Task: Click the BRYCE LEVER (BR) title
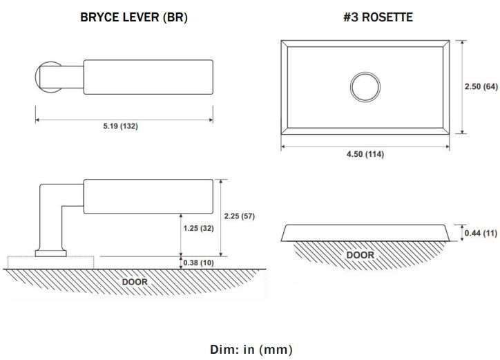134,17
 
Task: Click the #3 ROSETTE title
378,17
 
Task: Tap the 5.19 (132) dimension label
121,126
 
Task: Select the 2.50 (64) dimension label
481,86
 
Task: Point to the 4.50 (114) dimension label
365,154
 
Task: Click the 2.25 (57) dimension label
240,216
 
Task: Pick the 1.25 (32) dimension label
198,228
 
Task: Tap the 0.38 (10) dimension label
198,263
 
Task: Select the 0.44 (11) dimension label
481,234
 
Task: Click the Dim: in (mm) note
251,350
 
